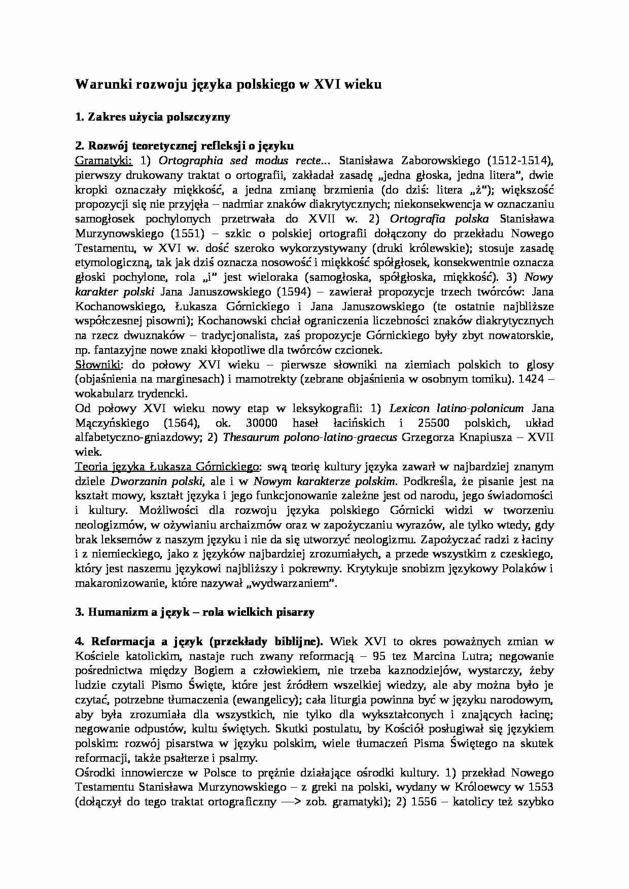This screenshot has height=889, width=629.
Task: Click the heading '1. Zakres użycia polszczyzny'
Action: [x=152, y=117]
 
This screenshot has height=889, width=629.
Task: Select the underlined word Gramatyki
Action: [x=103, y=161]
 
